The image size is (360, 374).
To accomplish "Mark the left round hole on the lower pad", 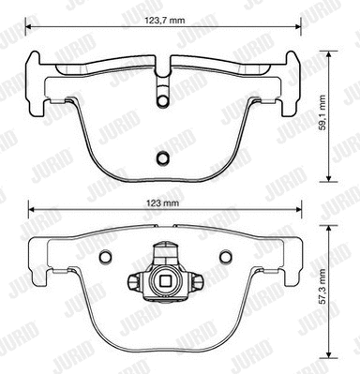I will coord(106,257).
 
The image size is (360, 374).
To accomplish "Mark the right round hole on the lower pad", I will coord(225,257).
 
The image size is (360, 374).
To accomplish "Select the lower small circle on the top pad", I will coord(161,157).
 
